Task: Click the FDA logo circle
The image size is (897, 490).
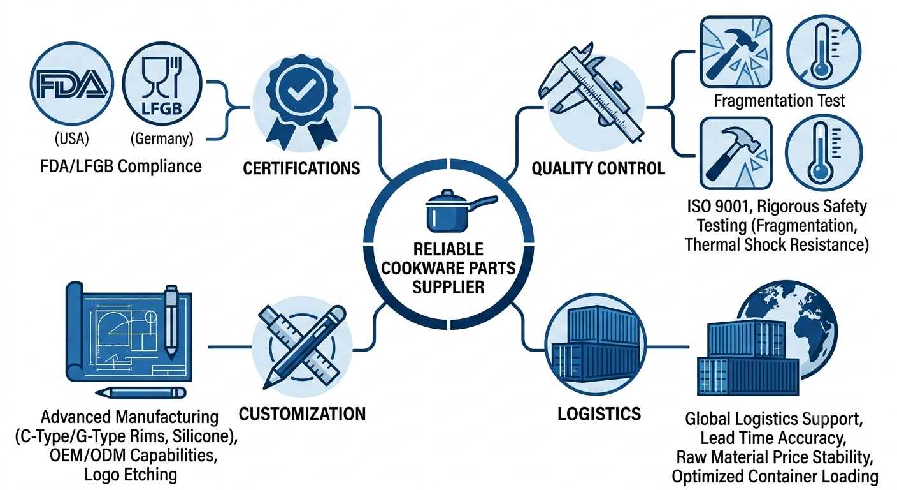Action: pos(72,84)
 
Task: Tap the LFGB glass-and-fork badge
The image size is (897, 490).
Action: pos(162,84)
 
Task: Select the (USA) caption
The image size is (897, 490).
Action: pos(72,138)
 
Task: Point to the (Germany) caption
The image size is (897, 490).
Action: pos(162,138)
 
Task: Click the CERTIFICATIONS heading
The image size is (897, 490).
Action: pos(301,168)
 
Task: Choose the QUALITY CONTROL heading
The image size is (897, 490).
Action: pos(598,168)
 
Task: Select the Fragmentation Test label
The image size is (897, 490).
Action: pos(779,101)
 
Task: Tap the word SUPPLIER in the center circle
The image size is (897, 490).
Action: pos(448,287)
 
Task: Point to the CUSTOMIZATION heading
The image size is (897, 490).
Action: pos(303,414)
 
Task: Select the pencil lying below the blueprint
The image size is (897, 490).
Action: pos(141,392)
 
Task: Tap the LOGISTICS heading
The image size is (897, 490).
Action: pos(599,414)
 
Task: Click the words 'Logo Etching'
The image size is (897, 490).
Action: pos(131,475)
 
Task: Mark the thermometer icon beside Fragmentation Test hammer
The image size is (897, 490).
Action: pos(824,52)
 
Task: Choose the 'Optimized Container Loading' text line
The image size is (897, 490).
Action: pos(775,477)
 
